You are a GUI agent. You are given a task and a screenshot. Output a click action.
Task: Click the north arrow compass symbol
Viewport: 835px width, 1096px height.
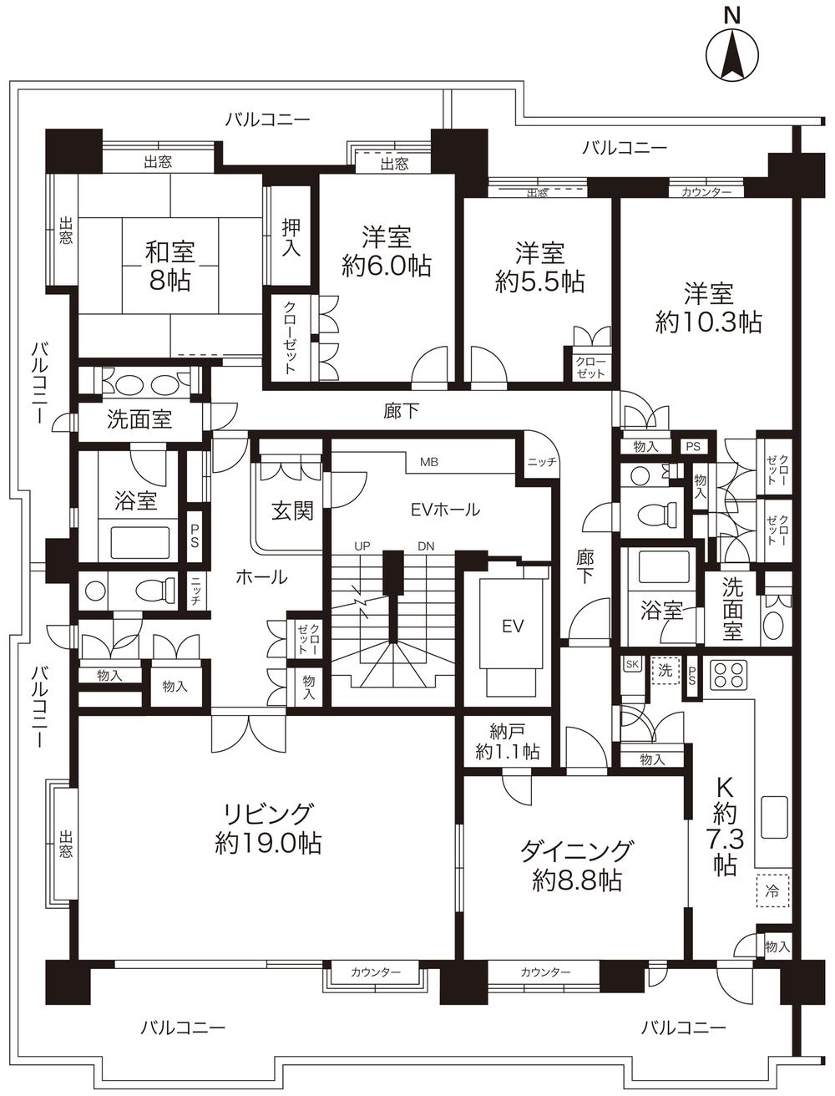[732, 55]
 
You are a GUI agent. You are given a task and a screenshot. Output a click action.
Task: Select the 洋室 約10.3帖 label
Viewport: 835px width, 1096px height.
[708, 308]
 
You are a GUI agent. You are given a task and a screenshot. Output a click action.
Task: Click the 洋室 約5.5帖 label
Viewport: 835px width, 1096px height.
[539, 267]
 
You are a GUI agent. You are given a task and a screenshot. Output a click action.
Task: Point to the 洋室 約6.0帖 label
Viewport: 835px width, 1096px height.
[386, 251]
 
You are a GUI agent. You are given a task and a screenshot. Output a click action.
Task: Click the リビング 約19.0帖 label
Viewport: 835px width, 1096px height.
[267, 828]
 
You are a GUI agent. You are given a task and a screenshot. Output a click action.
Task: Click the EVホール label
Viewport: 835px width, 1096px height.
[445, 508]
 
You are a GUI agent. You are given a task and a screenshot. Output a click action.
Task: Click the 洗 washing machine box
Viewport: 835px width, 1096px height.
[665, 670]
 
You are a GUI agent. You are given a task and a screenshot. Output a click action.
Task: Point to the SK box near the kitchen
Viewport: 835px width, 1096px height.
[632, 665]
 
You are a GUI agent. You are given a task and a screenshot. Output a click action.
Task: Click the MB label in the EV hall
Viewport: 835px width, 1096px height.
[429, 461]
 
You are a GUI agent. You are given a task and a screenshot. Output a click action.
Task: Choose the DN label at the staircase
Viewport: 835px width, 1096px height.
[426, 545]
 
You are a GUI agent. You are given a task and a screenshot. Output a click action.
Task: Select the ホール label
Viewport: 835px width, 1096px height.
[261, 576]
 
